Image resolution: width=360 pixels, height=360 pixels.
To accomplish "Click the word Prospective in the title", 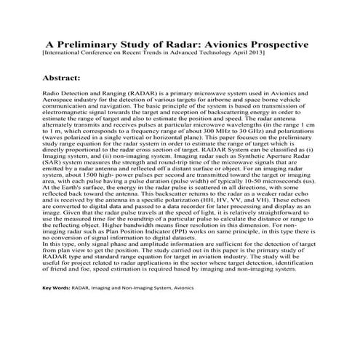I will pyautogui.click(x=268, y=44).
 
